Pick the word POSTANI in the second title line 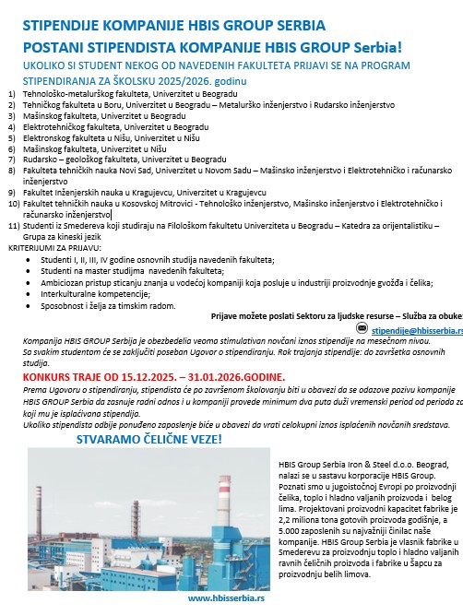(42, 46)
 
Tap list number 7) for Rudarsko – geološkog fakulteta (11, 158)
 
